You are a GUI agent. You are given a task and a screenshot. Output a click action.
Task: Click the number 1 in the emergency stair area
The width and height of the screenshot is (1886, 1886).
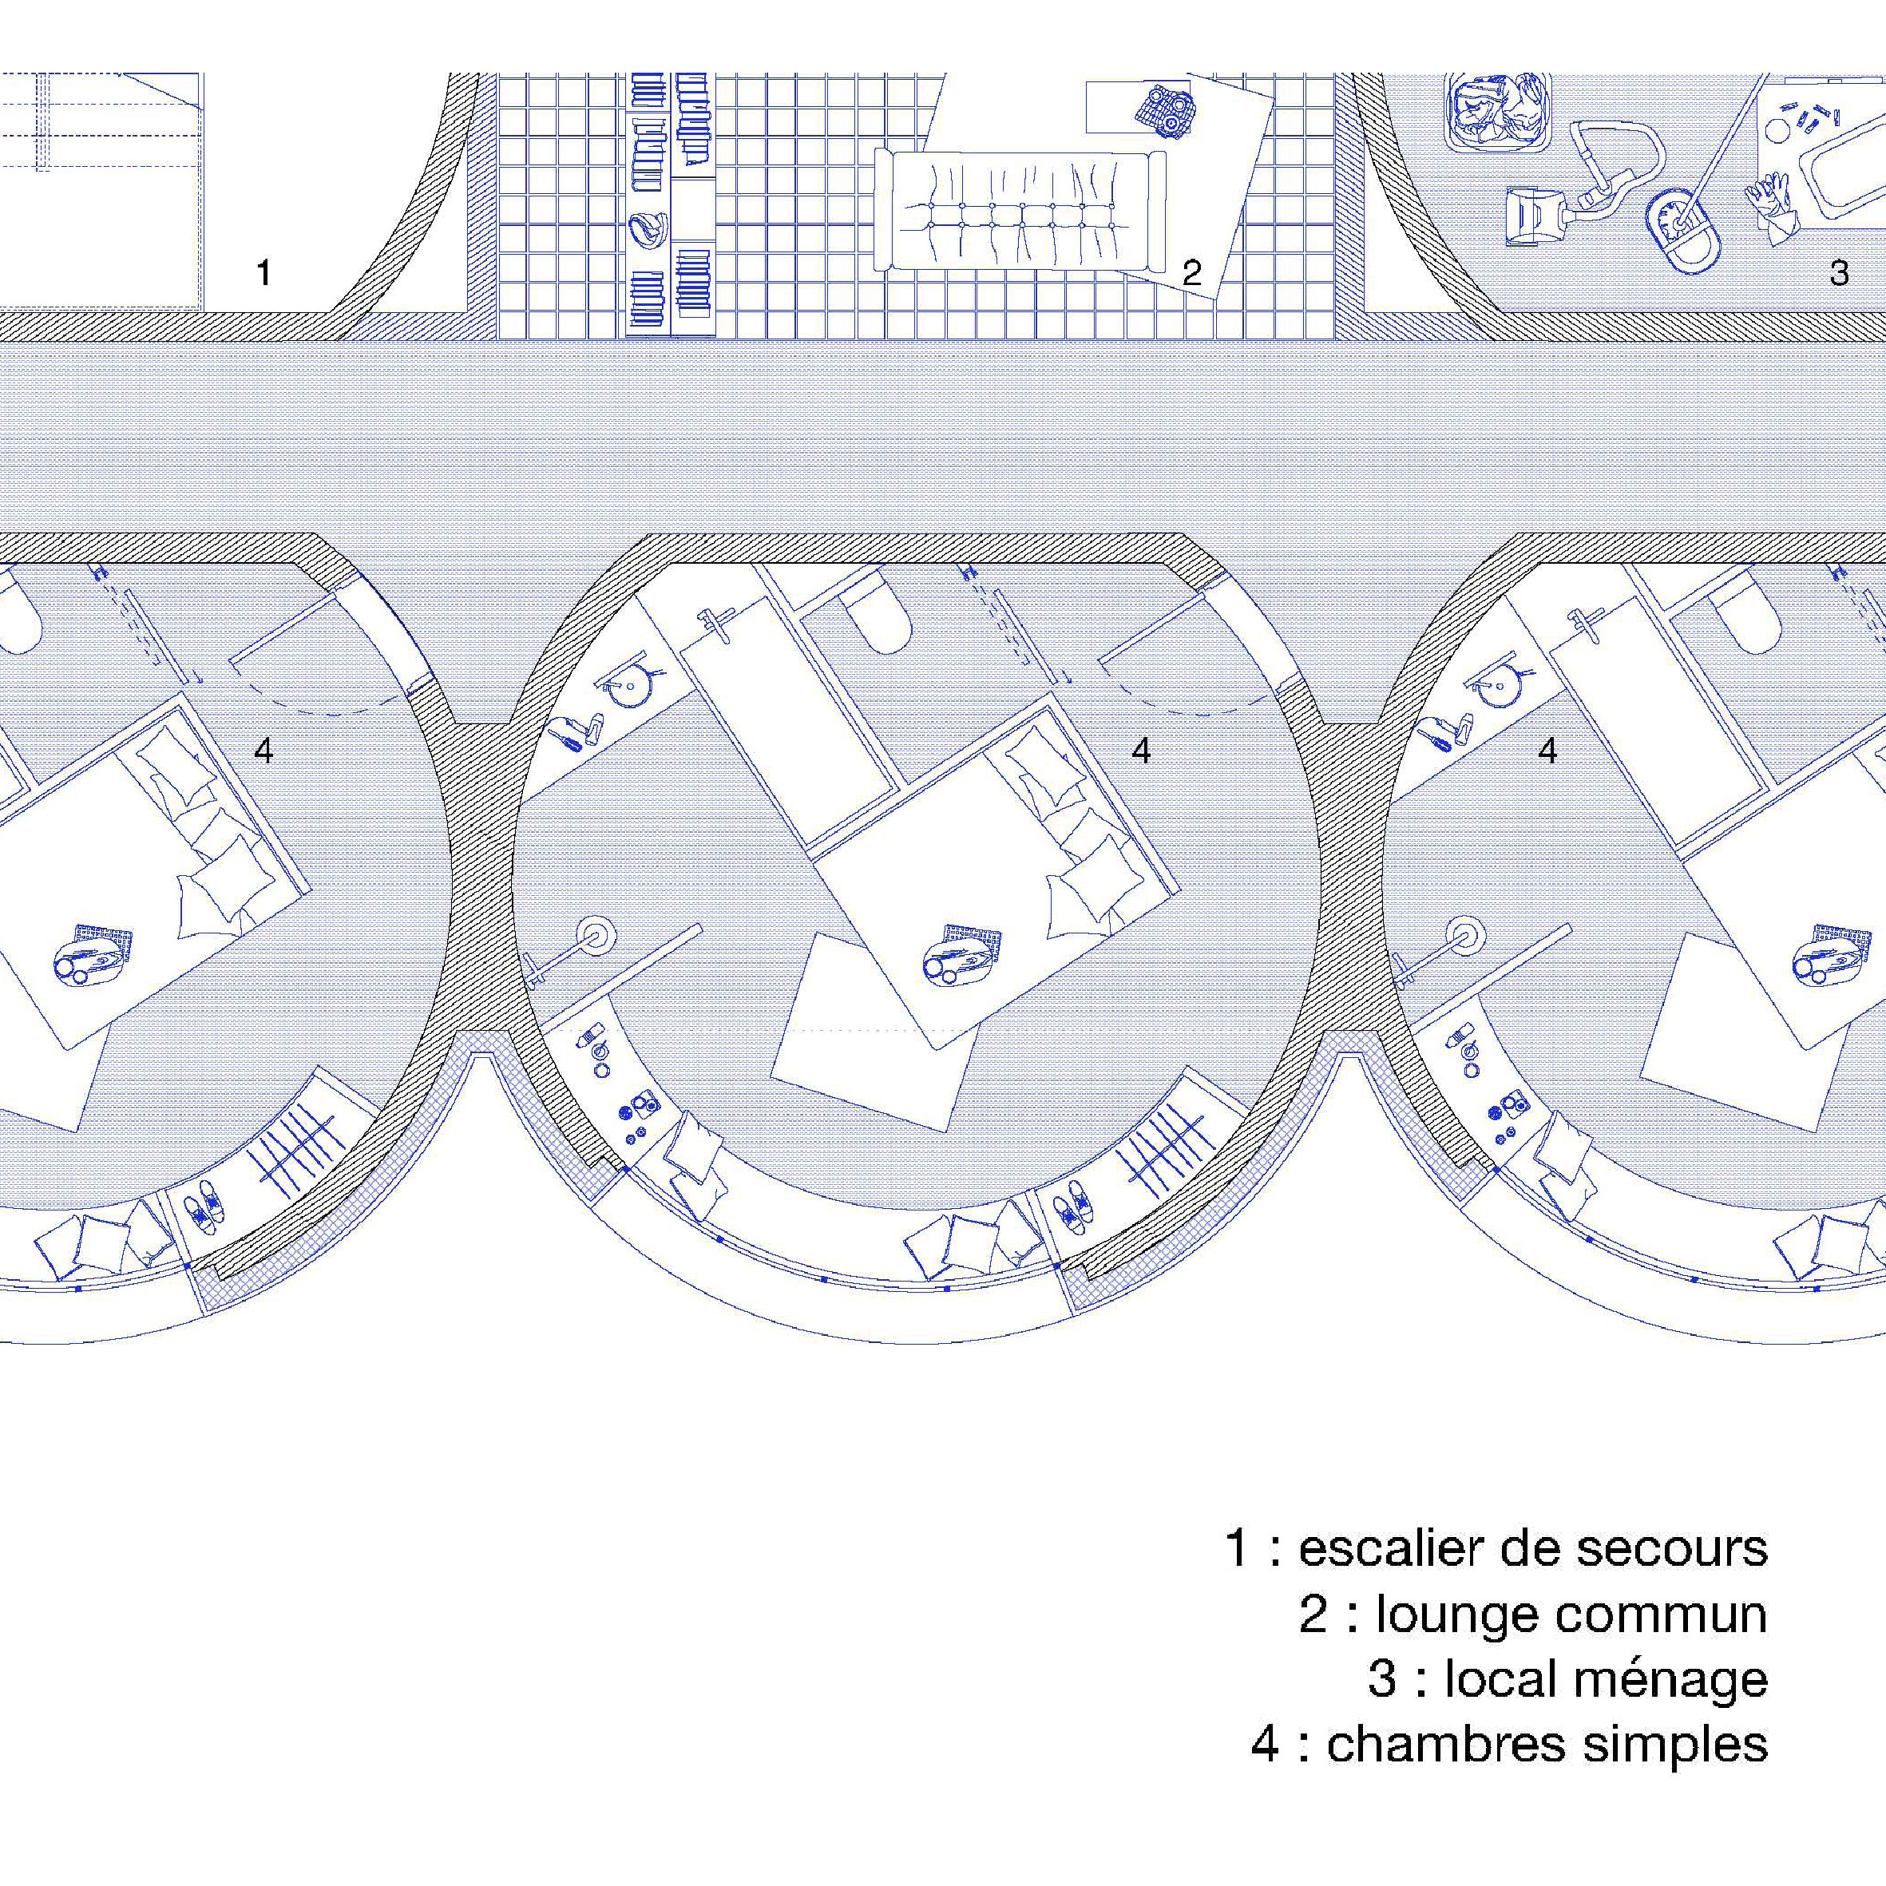click(x=263, y=272)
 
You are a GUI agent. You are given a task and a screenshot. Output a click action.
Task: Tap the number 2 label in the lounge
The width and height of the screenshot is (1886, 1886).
click(x=1191, y=273)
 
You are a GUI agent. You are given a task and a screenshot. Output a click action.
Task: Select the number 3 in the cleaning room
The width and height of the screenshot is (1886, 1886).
click(x=1839, y=273)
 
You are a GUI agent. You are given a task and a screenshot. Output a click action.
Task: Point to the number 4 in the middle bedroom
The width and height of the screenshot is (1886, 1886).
click(x=1141, y=750)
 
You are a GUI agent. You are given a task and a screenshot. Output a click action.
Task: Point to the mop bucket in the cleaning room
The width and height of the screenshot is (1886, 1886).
click(x=1682, y=231)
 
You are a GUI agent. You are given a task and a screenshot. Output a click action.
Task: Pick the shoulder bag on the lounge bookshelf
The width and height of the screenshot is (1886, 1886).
click(x=648, y=228)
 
